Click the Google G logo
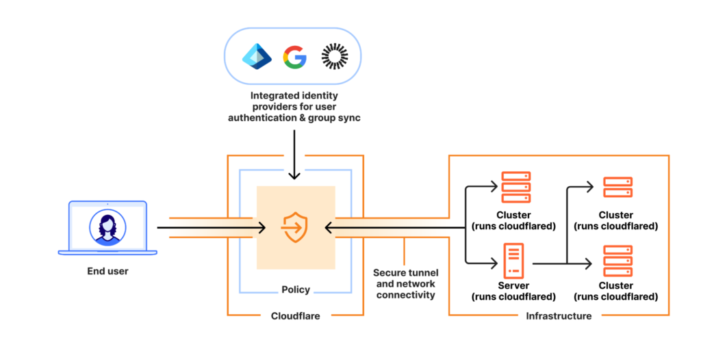[x=295, y=57]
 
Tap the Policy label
[x=296, y=290]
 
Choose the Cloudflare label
[x=296, y=316]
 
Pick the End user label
[x=107, y=271]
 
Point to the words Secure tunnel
[x=404, y=272]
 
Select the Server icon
[x=513, y=261]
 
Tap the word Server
[x=513, y=285]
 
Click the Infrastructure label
[x=559, y=316]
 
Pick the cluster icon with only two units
[x=617, y=187]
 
